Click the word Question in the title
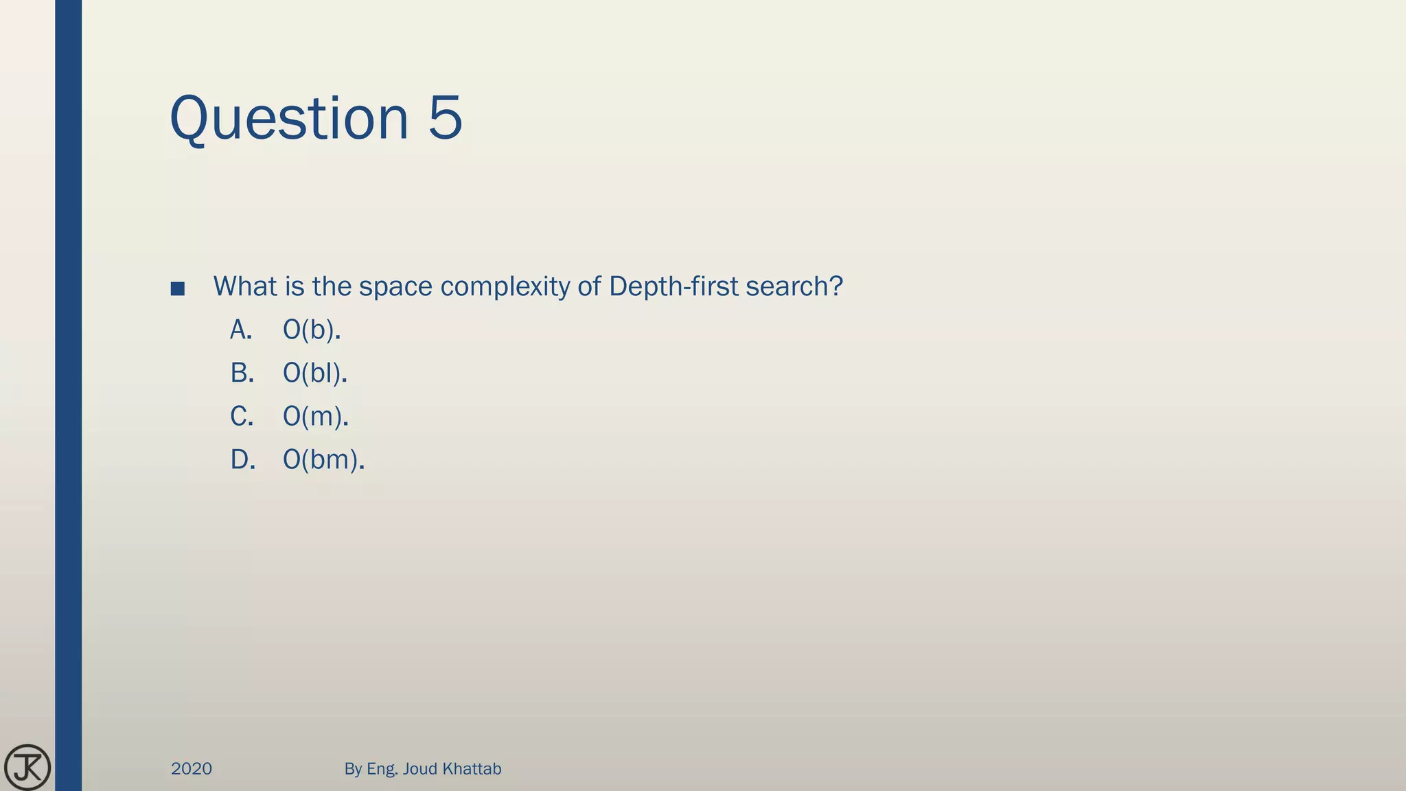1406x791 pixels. pyautogui.click(x=289, y=119)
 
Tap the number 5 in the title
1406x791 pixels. pyautogui.click(x=445, y=117)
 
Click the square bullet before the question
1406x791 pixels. pyautogui.click(x=178, y=289)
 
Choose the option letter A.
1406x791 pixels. pyautogui.click(x=241, y=330)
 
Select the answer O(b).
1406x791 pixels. pyautogui.click(x=312, y=331)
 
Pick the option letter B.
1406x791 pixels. pyautogui.click(x=242, y=374)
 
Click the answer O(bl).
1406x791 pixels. pyautogui.click(x=315, y=374)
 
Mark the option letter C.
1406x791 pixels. pyautogui.click(x=242, y=417)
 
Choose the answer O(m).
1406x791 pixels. pyautogui.click(x=316, y=417)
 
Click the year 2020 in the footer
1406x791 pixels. pyautogui.click(x=192, y=769)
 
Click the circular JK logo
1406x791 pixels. pyautogui.click(x=27, y=767)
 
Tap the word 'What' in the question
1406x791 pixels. pyautogui.click(x=245, y=286)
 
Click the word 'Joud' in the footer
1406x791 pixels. pyautogui.click(x=419, y=769)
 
